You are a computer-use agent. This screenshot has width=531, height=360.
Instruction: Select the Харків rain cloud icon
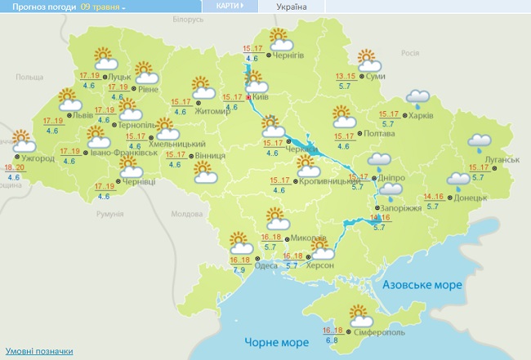pyautogui.click(x=419, y=100)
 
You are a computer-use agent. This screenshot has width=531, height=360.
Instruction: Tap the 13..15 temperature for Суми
pyautogui.click(x=346, y=77)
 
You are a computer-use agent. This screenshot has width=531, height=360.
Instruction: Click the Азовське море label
pyautogui.click(x=422, y=286)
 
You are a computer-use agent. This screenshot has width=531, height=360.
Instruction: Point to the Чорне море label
pyautogui.click(x=271, y=340)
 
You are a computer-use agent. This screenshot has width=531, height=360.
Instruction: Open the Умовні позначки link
pyautogui.click(x=38, y=351)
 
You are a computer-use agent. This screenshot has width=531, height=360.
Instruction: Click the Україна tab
pyautogui.click(x=292, y=7)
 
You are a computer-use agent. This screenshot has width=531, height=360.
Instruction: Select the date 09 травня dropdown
pyautogui.click(x=104, y=7)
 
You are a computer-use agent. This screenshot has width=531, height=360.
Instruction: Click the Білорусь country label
pyautogui.click(x=188, y=19)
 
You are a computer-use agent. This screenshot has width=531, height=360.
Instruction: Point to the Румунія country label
pyautogui.click(x=109, y=214)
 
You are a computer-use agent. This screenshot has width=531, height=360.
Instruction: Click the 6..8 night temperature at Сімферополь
pyautogui.click(x=332, y=339)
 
